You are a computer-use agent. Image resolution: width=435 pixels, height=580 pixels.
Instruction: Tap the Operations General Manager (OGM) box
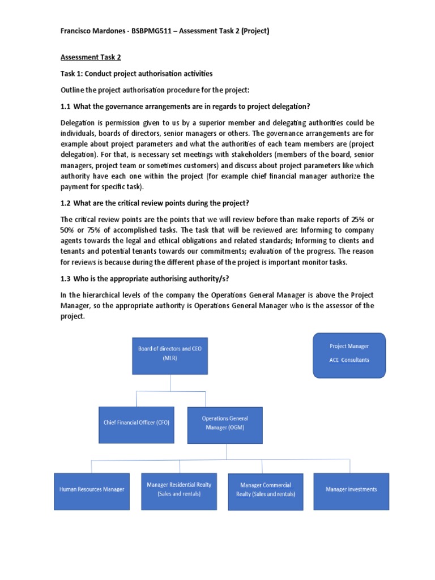224,423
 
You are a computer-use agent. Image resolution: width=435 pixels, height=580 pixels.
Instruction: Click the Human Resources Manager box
91,489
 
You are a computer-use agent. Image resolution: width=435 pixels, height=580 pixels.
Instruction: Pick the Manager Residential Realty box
179,489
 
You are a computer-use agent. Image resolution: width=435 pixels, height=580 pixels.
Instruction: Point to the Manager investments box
351,489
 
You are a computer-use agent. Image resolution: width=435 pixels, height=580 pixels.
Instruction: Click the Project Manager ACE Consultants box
349,355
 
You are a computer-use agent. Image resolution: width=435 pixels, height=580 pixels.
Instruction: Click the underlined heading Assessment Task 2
91,57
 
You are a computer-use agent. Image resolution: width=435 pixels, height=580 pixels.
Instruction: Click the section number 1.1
66,107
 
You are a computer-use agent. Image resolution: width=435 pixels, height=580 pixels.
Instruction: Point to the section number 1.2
66,203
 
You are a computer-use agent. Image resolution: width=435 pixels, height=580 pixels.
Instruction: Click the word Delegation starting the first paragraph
79,123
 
